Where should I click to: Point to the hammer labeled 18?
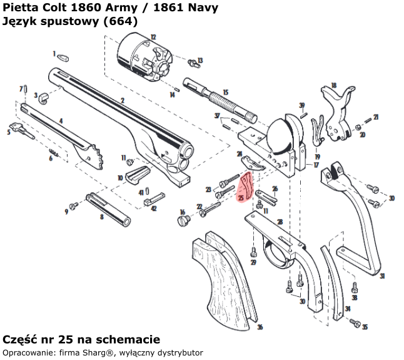338,113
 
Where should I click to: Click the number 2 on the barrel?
122,100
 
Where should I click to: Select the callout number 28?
280,222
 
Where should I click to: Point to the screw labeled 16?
184,220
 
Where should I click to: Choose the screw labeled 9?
73,205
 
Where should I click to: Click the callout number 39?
302,105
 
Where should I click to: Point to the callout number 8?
101,217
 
